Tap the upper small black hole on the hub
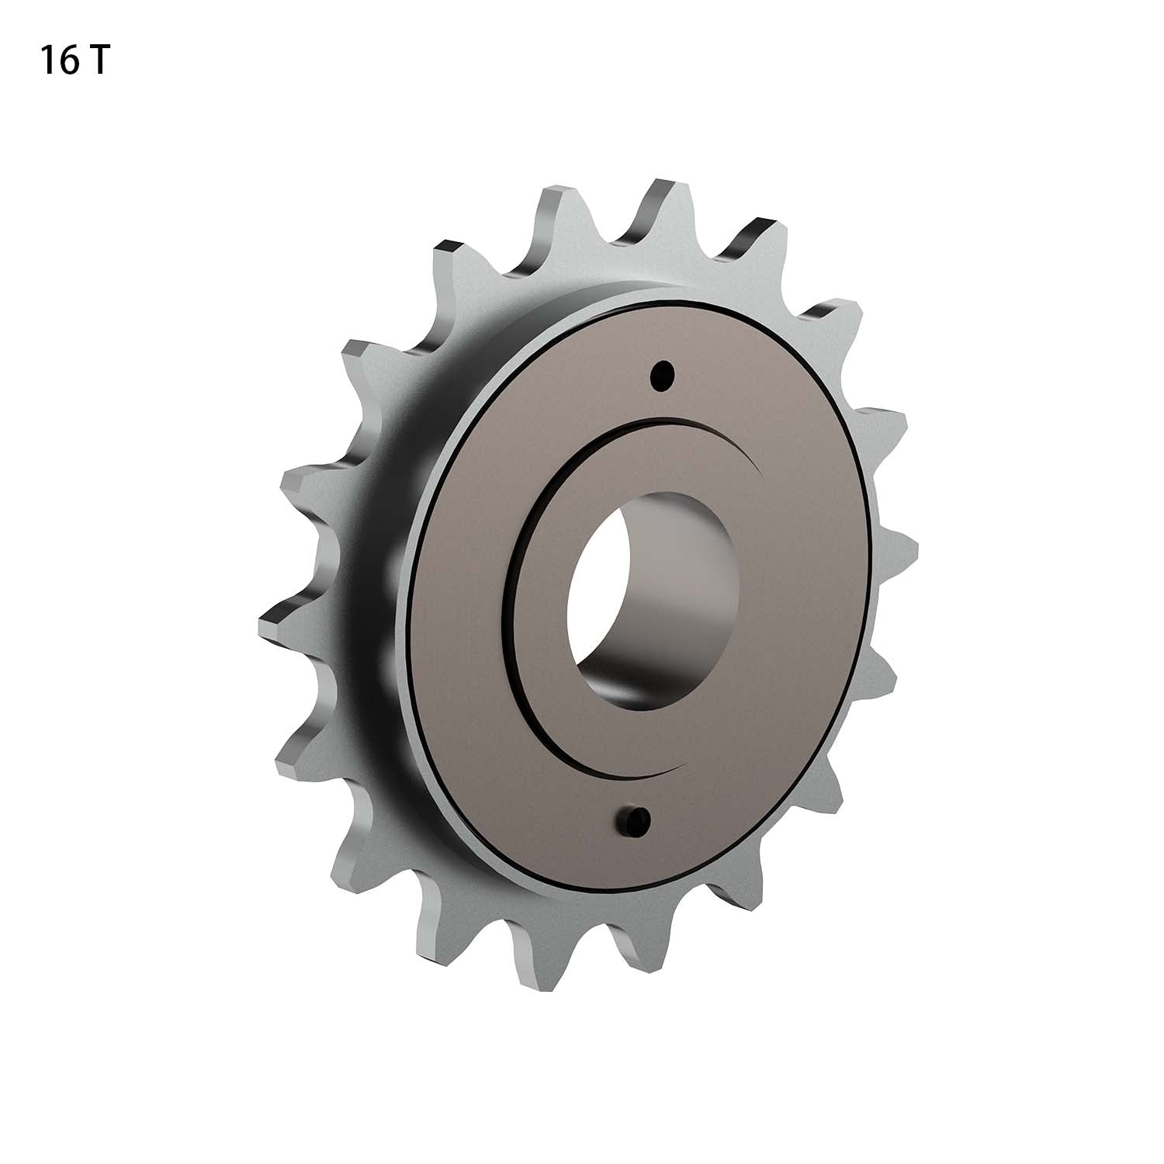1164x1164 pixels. (x=661, y=376)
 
